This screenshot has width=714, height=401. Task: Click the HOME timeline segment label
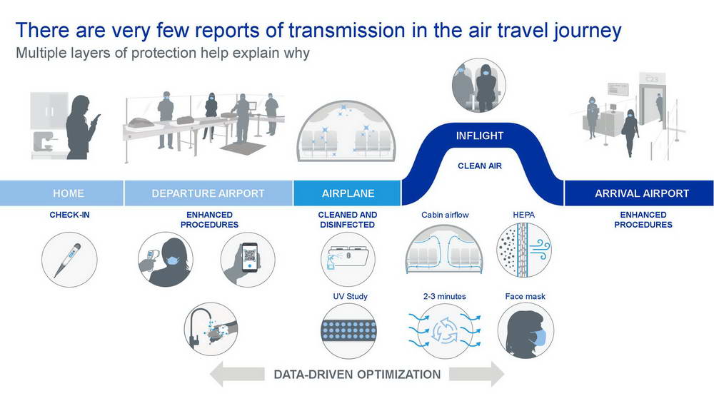tap(69, 193)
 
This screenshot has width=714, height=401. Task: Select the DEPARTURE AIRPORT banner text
tap(208, 193)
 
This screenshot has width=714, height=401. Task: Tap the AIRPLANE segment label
tap(348, 193)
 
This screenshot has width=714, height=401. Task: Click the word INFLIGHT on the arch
tap(480, 136)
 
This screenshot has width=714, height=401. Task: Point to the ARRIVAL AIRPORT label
tap(642, 193)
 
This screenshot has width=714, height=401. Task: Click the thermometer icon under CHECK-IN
tap(69, 260)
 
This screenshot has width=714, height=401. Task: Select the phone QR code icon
tap(248, 260)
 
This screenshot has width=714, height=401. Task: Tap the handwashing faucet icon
tap(211, 330)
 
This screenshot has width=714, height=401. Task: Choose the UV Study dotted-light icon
tap(349, 331)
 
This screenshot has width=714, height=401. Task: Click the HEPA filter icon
tap(523, 250)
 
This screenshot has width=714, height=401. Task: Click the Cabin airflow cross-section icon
tap(444, 250)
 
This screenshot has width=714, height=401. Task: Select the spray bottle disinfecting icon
tap(348, 260)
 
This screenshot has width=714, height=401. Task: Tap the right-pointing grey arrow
tap(477, 374)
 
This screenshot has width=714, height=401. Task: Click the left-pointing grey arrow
tap(237, 374)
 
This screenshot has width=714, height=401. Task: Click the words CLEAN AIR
tap(480, 166)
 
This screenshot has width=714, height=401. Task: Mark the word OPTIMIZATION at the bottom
tap(399, 375)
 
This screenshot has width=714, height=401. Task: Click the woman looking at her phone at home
tap(82, 127)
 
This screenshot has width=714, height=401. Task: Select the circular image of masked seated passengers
tap(478, 85)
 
